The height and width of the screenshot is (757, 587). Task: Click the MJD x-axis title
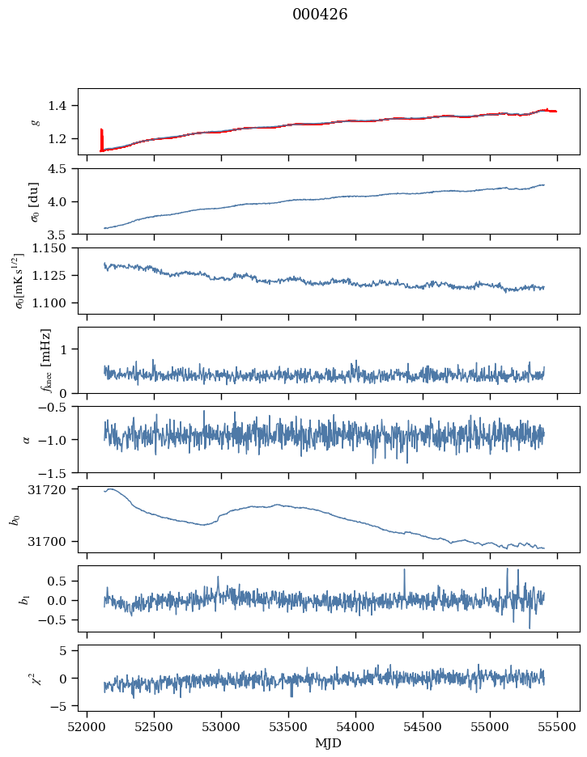coord(329,743)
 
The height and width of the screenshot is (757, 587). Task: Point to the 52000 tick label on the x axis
coord(87,727)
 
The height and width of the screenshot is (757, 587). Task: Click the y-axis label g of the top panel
coord(35,121)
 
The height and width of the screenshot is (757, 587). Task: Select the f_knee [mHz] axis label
coord(46,360)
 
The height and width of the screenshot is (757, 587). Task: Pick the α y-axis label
coord(26,439)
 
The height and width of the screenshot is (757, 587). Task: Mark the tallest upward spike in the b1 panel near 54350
coord(404,570)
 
